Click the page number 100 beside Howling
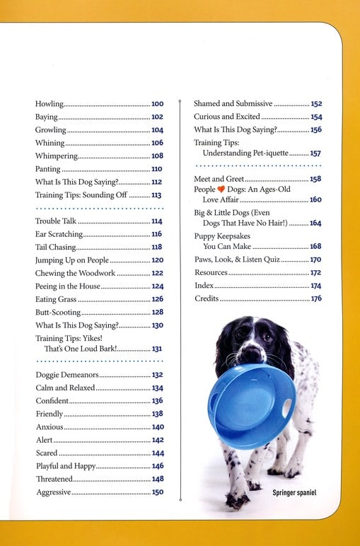[x=157, y=104]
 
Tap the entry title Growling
[x=51, y=130]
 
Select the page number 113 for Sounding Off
[x=156, y=195]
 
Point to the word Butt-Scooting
[x=57, y=312]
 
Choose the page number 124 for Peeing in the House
[x=157, y=286]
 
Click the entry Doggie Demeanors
[x=68, y=375]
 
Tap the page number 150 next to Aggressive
[x=157, y=492]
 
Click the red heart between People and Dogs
[x=221, y=190]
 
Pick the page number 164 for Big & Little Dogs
[x=315, y=223]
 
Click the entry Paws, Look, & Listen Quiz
[x=236, y=260]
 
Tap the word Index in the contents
[x=204, y=286]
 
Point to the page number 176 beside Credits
[x=316, y=299]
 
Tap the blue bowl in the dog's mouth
[x=252, y=403]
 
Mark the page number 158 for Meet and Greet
[x=315, y=180]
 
